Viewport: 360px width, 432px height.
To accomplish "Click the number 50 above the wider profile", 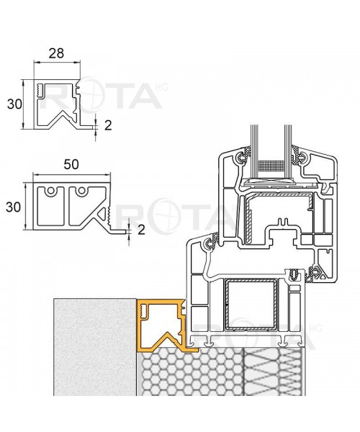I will tap(71, 164).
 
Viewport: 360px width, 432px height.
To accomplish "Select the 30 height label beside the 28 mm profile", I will tap(13, 104).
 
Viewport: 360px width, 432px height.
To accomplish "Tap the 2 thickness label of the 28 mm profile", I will tap(108, 125).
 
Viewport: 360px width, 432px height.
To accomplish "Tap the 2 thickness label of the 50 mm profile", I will tap(141, 230).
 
